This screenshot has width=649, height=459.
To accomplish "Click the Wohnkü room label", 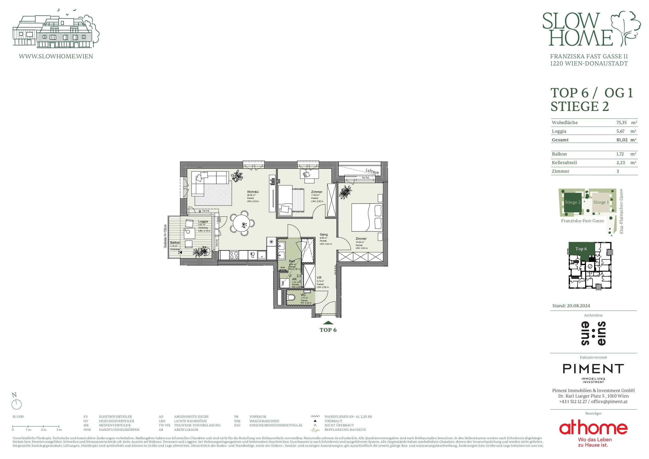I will pyautogui.click(x=253, y=192).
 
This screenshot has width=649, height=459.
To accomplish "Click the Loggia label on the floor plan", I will pyautogui.click(x=203, y=221).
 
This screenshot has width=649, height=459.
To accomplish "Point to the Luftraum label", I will pyautogui.click(x=372, y=171).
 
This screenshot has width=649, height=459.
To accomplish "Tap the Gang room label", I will pyautogui.click(x=324, y=234).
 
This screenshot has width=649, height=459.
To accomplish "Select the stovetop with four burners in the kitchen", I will pyautogui.click(x=234, y=255).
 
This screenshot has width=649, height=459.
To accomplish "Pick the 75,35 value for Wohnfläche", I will pyautogui.click(x=621, y=122).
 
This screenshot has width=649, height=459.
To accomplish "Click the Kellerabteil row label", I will pyautogui.click(x=564, y=163).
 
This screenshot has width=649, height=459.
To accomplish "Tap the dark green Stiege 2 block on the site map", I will pyautogui.click(x=572, y=202).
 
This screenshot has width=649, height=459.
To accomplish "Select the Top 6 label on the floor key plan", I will pyautogui.click(x=581, y=249).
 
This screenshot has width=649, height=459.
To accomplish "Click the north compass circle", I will pyautogui.click(x=16, y=404).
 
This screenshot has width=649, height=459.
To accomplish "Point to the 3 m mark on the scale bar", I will pyautogui.click(x=59, y=426).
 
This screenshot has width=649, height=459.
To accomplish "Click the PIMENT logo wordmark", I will pyautogui.click(x=593, y=369).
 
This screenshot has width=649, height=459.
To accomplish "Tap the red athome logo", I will pyautogui.click(x=593, y=428).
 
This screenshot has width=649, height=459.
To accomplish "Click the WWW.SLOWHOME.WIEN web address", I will pyautogui.click(x=56, y=56).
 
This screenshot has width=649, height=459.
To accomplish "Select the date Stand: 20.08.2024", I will pyautogui.click(x=571, y=306).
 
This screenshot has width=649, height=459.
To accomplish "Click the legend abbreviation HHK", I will pyautogui.click(x=87, y=430).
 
